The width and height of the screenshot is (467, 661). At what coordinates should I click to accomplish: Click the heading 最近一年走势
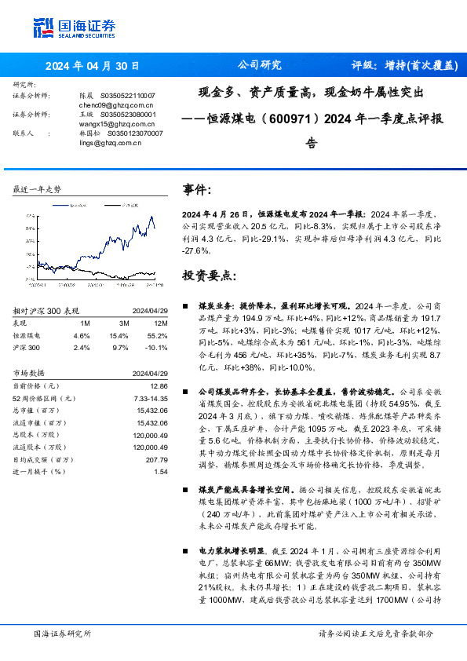coord(38,190)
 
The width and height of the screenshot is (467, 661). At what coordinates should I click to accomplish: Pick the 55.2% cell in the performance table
coord(159,334)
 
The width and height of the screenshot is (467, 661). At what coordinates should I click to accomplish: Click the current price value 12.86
coord(159,386)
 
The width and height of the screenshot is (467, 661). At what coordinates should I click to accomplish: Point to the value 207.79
coord(157,458)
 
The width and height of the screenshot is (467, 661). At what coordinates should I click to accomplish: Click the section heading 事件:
coord(197,189)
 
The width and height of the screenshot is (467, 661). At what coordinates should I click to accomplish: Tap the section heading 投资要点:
coord(209,276)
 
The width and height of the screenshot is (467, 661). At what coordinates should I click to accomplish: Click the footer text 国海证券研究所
coord(62,633)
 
